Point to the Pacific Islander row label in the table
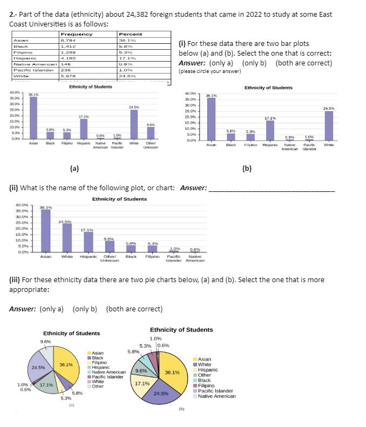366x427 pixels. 28,70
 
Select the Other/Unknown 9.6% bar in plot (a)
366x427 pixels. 151,133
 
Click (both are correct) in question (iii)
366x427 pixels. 134,309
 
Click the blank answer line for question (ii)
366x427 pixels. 270,189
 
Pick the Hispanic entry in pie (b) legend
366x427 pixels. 208,370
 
